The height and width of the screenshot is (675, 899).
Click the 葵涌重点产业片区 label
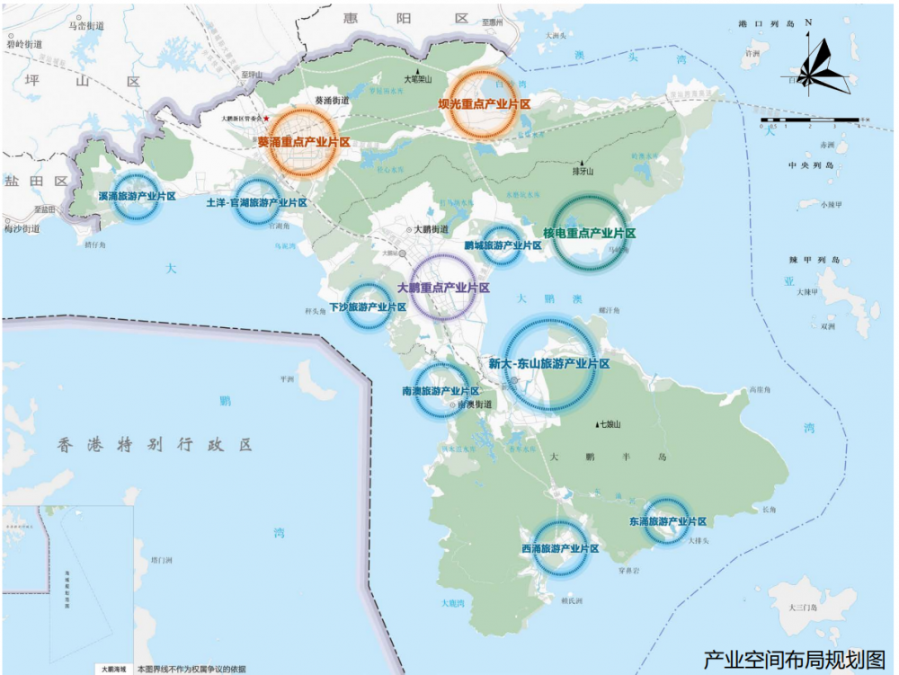tap(303, 142)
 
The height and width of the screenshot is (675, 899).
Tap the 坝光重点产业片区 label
tap(484, 104)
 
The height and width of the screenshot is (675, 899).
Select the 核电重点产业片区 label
tap(589, 233)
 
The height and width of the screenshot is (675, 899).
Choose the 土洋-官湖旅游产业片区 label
tap(256, 203)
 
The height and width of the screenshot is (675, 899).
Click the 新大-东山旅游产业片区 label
tap(548, 364)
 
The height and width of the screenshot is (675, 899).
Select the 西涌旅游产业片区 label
tap(560, 548)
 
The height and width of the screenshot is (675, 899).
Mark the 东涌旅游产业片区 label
tap(667, 521)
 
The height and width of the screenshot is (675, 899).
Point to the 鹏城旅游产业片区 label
tap(503, 245)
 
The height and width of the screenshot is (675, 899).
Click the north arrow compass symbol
tap(817, 67)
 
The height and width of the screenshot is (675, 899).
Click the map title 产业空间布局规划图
tap(795, 659)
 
